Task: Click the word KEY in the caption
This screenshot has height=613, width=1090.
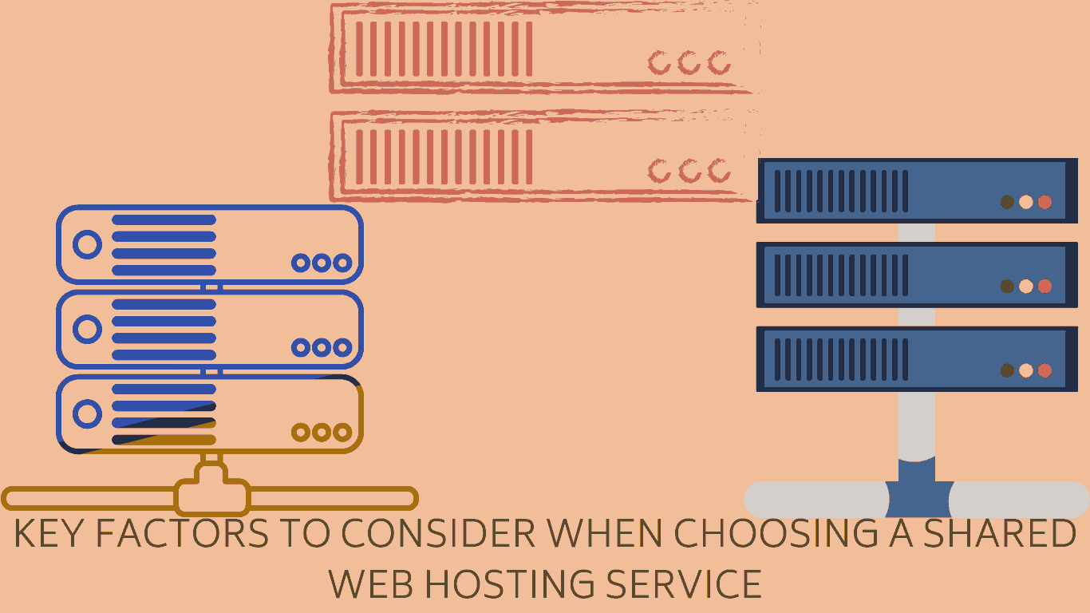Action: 49,534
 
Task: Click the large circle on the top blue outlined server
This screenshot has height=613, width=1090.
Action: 87,244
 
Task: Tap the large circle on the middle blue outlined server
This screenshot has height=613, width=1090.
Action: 87,329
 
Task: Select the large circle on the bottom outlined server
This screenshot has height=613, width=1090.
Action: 87,413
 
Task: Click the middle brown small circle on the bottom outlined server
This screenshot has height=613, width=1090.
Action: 322,433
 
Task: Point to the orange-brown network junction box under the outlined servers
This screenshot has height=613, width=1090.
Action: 212,496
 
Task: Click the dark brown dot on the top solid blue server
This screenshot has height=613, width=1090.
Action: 1007,202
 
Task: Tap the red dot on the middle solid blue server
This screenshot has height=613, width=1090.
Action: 1045,286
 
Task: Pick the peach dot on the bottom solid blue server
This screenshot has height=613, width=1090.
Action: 1026,370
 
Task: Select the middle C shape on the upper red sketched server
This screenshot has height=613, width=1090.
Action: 689,62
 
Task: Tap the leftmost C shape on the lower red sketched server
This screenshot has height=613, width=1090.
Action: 659,170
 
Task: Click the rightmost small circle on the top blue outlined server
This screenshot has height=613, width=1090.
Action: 342,263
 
